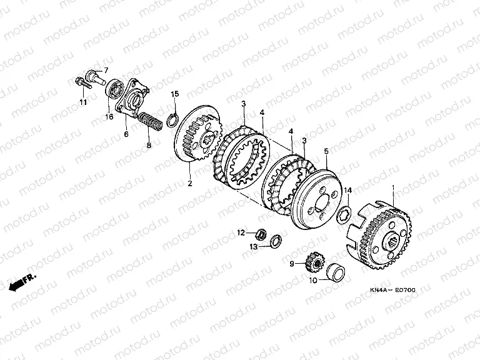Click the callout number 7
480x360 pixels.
[x=106, y=71]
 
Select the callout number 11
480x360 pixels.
[x=83, y=102]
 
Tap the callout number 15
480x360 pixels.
[x=175, y=94]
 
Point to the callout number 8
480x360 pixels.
[x=149, y=145]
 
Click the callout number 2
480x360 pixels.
[x=190, y=183]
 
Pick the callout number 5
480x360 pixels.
[x=326, y=151]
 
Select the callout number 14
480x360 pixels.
[x=348, y=191]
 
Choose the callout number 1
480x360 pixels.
[x=393, y=187]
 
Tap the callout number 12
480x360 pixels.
[x=241, y=232]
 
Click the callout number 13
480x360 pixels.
[x=254, y=246]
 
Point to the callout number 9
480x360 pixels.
[x=292, y=264]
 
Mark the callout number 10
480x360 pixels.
[x=313, y=280]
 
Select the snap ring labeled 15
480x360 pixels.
[x=172, y=119]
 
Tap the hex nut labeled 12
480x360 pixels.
[x=261, y=235]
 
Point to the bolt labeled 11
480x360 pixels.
[x=83, y=82]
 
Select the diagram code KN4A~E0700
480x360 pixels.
[x=392, y=290]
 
